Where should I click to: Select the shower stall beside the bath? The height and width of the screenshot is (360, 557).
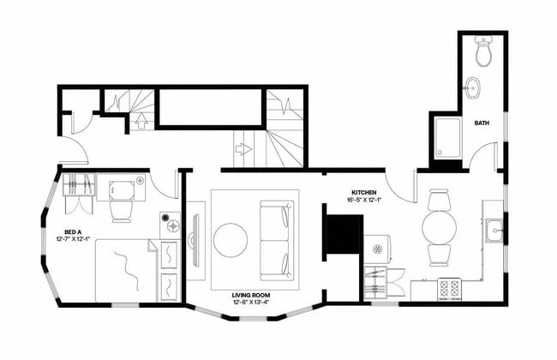[x=447, y=138]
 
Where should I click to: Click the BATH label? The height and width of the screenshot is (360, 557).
[x=483, y=123]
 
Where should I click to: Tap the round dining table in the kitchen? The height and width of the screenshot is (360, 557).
[x=439, y=228]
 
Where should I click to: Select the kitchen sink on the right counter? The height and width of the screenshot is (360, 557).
[x=494, y=231]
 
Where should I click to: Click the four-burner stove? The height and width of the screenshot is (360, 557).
[x=449, y=288]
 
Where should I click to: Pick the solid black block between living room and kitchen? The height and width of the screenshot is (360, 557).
[x=344, y=234]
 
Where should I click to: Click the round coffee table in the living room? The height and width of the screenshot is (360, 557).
[x=231, y=240]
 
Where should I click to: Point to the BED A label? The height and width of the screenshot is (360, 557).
[x=73, y=231]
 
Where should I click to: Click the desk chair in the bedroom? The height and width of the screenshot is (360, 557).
[x=122, y=208]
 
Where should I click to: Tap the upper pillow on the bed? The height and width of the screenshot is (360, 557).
[x=169, y=256]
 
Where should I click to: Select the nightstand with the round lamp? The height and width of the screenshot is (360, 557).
[x=170, y=225]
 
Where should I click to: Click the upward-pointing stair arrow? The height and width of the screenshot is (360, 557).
[x=142, y=120]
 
